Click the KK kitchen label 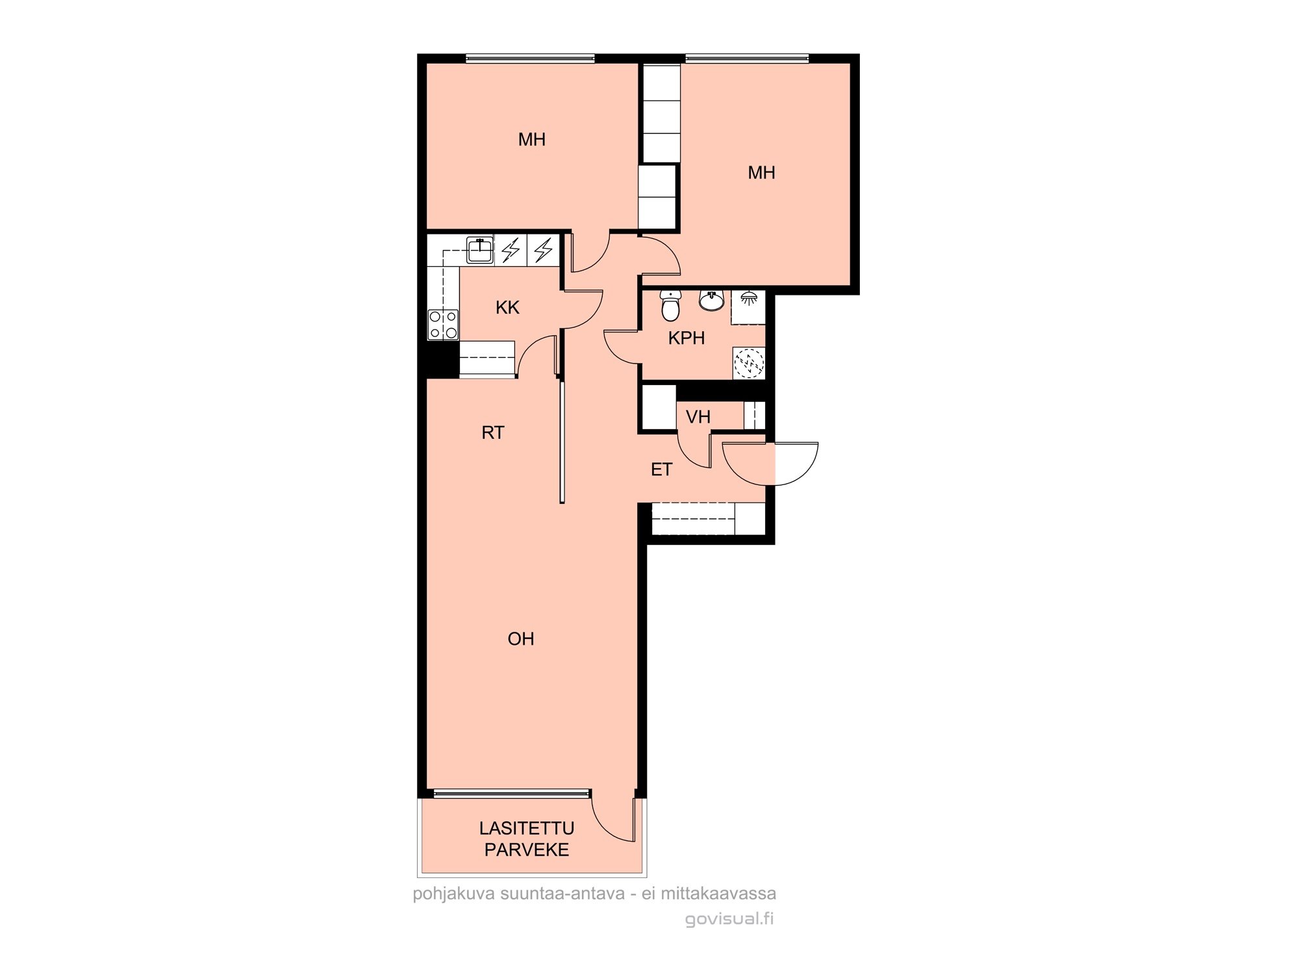tap(507, 308)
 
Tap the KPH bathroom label tap(687, 338)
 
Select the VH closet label tap(698, 417)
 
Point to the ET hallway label tap(661, 469)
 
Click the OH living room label tap(521, 639)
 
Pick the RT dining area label tap(493, 433)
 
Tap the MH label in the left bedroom tap(532, 140)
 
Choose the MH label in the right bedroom tap(761, 173)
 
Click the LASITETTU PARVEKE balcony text tap(527, 839)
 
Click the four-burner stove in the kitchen tap(443, 325)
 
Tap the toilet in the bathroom tap(670, 306)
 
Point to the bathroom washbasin tap(712, 301)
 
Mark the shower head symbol tap(748, 298)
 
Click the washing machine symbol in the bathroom tap(749, 363)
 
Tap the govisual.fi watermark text tap(730, 919)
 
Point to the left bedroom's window tap(530, 58)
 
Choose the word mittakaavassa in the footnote tap(718, 893)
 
